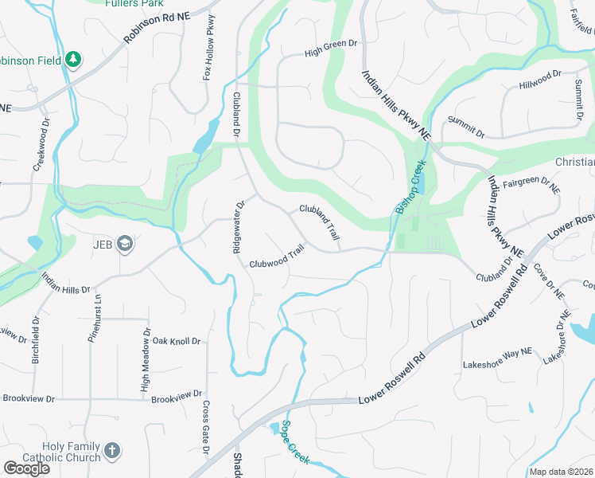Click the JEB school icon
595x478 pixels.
[x=125, y=243]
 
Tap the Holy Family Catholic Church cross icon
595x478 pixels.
[x=112, y=451]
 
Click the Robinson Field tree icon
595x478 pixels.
[x=73, y=60]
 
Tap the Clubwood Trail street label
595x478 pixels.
[x=277, y=257]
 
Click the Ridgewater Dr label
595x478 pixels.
[x=237, y=226]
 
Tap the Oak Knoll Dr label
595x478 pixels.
[x=177, y=341]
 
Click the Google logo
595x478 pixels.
[x=26, y=468]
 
